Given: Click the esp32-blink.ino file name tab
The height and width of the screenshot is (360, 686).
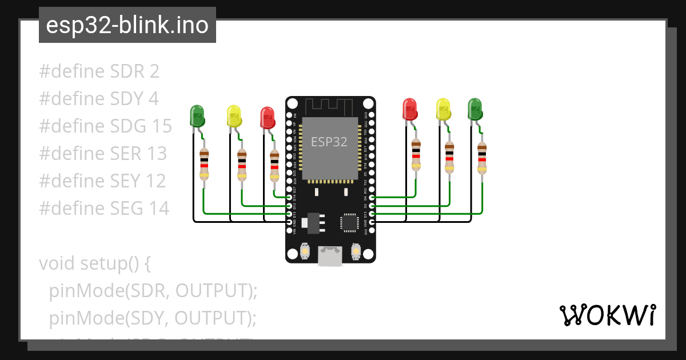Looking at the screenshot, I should [127, 25].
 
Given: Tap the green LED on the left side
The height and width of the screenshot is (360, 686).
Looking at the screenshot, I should [197, 115].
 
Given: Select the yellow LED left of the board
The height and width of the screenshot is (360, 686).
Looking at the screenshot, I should [234, 116].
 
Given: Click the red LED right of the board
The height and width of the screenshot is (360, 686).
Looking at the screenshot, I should [410, 109].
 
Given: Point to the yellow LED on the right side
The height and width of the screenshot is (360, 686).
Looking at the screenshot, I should [443, 109].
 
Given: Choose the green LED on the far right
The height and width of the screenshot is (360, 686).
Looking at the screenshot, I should [475, 109].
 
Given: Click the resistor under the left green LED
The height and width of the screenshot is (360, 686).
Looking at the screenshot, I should [204, 164].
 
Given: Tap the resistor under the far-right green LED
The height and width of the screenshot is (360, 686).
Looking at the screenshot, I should [482, 158].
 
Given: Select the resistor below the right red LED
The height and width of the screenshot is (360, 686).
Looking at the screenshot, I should [416, 155].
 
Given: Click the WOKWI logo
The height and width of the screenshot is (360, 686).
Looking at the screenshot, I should [607, 315].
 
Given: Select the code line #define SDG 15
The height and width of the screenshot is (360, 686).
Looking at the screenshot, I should [105, 126].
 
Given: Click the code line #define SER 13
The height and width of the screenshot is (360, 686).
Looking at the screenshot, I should [103, 153].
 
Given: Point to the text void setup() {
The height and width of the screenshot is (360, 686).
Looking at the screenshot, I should [94, 263].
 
